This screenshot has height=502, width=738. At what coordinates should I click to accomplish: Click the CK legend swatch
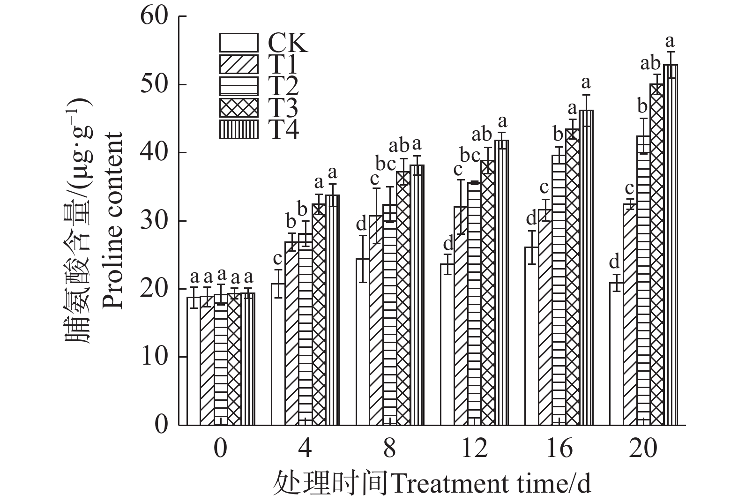point(239,43)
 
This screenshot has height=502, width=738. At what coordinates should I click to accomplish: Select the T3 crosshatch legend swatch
point(239,107)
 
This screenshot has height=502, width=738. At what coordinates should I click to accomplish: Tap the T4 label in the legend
point(283,129)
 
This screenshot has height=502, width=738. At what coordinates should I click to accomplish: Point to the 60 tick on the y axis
point(154,16)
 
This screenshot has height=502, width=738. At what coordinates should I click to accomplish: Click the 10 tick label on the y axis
point(154,357)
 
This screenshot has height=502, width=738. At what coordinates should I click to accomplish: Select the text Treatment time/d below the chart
point(491,483)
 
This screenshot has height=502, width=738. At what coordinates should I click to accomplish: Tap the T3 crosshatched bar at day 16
point(573,277)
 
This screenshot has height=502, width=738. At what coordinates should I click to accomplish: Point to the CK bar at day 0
point(194,361)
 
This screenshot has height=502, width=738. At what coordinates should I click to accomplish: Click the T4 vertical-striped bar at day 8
point(417,295)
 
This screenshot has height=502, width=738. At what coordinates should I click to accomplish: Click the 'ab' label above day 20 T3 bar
point(651,63)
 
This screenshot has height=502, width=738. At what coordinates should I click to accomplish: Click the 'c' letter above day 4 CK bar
point(277,258)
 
